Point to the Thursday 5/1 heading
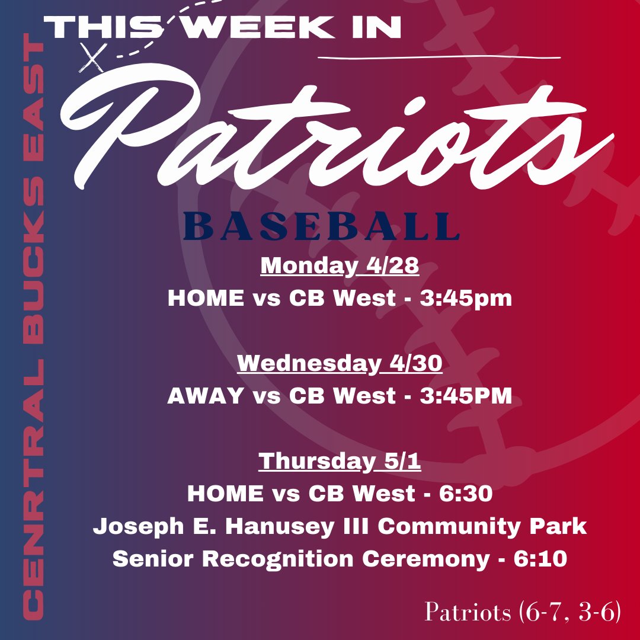(x=340, y=462)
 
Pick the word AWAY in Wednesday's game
(x=205, y=396)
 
